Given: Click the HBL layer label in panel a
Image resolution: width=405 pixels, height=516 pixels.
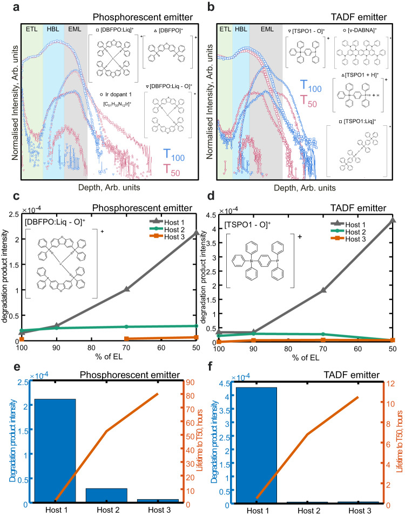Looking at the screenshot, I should click(x=53, y=30).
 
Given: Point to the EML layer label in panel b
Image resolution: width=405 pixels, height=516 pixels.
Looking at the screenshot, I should click(x=265, y=30).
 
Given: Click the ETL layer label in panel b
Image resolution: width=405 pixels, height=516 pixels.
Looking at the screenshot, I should click(x=225, y=30).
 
